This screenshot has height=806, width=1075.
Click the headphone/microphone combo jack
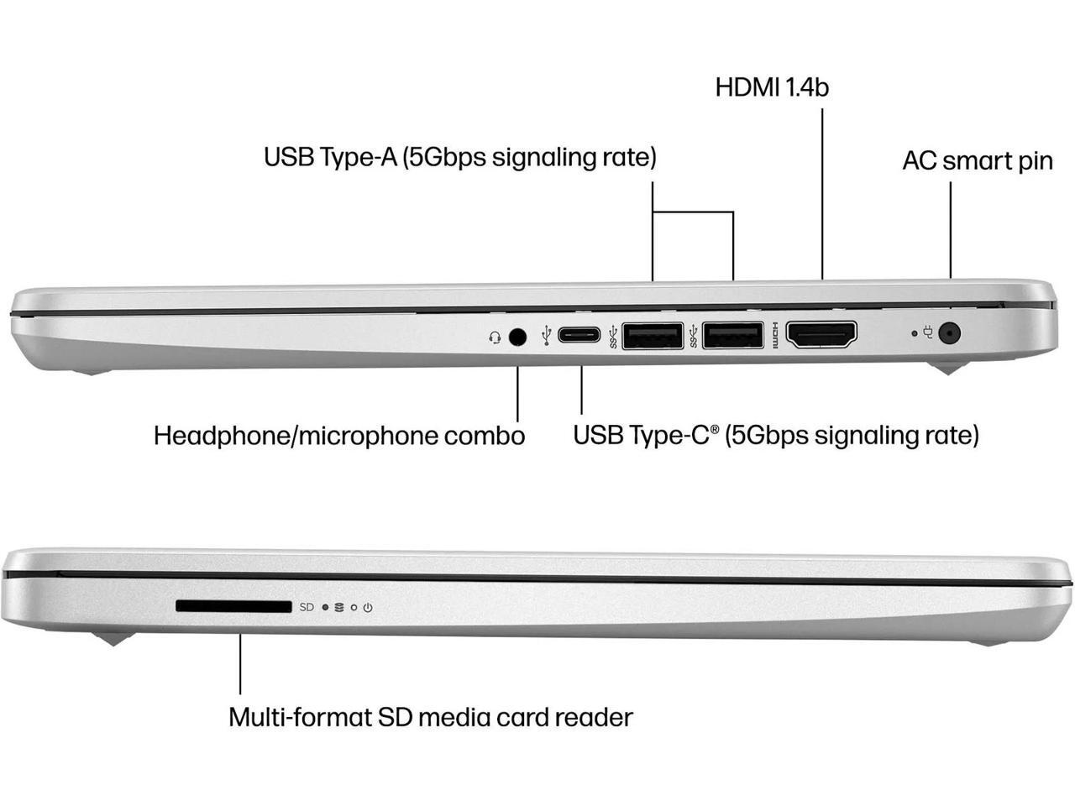pos(518,337)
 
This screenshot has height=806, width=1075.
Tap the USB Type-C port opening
pos(579,336)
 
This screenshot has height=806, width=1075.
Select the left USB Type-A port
pos(652,336)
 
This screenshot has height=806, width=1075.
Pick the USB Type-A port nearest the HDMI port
pos(732,336)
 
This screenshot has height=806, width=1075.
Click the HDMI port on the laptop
pos(821,336)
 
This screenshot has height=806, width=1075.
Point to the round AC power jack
pos(950,333)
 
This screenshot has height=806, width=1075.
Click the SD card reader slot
pos(233,606)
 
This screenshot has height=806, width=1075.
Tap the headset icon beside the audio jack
pos(495,338)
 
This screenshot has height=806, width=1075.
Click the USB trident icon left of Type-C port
pos(547,336)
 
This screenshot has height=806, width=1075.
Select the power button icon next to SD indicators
pos(368,607)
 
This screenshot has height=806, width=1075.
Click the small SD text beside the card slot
pos(307,607)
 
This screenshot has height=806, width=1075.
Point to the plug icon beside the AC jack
pos(928,332)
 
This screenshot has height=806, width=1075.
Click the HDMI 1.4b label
pos(772,87)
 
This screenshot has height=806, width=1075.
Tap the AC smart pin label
pos(977,160)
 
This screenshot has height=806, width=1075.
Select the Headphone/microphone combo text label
pos(339,436)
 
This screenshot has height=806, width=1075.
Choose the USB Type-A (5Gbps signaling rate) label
pos(459,157)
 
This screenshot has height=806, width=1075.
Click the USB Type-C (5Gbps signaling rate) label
pos(775,435)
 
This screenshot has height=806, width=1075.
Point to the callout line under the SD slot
pos(240,663)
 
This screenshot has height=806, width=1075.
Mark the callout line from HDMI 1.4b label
pos(822,193)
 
